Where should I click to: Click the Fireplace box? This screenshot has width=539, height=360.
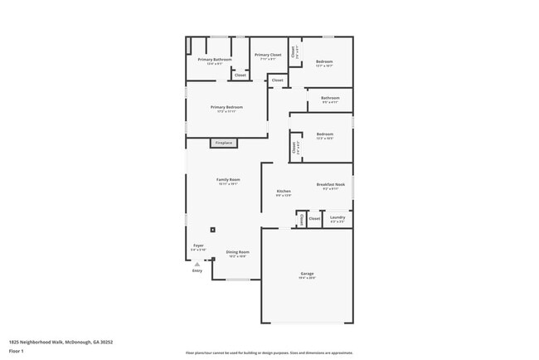pyautogui.click(x=224, y=144)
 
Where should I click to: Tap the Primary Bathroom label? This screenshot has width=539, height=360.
pyautogui.click(x=214, y=60)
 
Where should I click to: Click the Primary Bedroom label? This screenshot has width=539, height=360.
pyautogui.click(x=226, y=108)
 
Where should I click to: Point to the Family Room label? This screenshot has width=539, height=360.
pyautogui.click(x=228, y=180)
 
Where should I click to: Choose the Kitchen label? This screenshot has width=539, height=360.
pyautogui.click(x=284, y=192)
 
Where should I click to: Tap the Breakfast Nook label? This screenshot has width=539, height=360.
pyautogui.click(x=330, y=184)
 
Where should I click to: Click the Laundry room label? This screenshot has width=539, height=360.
pyautogui.click(x=337, y=217)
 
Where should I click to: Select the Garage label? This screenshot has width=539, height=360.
pyautogui.click(x=307, y=274)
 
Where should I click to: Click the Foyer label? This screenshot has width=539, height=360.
pyautogui.click(x=199, y=246)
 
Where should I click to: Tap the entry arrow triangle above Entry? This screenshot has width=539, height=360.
pyautogui.click(x=197, y=264)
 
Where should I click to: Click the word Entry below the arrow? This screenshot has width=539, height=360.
pyautogui.click(x=197, y=271)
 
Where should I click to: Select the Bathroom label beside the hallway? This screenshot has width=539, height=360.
pyautogui.click(x=330, y=99)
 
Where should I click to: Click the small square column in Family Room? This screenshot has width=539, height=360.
pyautogui.click(x=213, y=230)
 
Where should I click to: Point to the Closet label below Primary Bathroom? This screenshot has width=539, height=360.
pyautogui.click(x=240, y=75)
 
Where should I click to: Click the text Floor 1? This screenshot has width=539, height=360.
pyautogui.click(x=16, y=351)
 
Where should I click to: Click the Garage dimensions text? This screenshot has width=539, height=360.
pyautogui.click(x=307, y=279)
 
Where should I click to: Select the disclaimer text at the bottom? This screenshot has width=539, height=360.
pyautogui.click(x=269, y=353)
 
